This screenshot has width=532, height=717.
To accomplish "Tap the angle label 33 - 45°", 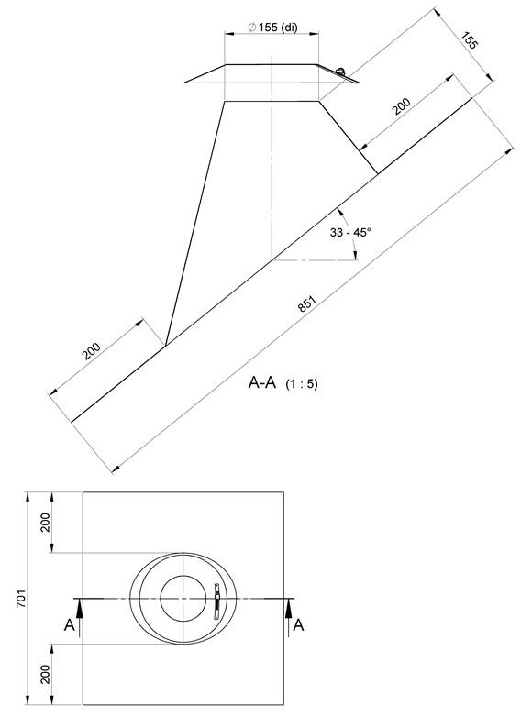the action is tap(350, 232).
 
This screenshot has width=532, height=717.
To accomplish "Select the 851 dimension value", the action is tap(307, 304).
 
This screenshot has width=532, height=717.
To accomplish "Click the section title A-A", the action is tap(262, 381).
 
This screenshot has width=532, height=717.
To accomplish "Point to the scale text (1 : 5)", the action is tap(302, 383).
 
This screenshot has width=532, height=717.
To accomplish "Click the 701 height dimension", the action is tap(21, 598).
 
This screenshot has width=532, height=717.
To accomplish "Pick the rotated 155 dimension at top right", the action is tap(470, 40).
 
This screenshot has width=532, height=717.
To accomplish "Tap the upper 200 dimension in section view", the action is tap(402, 106).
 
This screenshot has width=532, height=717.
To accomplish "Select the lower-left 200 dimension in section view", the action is tap(91, 351).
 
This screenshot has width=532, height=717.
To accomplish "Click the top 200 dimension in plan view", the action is tap(45, 523).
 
